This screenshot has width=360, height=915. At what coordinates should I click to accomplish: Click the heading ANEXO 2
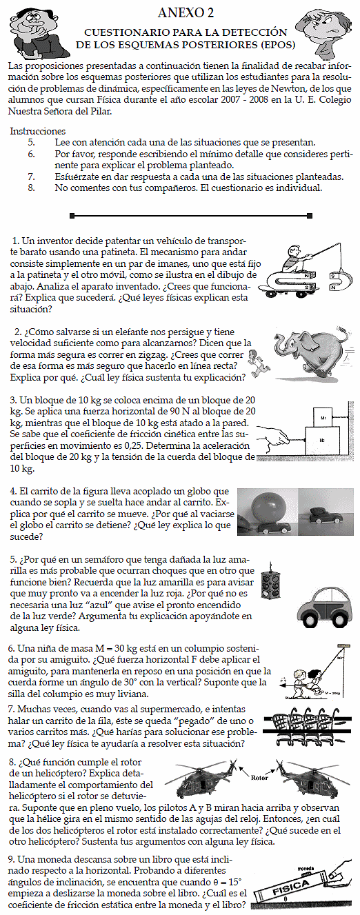coord(186,13)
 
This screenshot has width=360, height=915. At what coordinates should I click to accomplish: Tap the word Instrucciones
coord(38,131)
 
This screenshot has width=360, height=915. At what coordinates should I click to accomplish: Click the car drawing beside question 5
coord(322,608)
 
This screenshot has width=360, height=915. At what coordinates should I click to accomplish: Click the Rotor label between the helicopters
coord(259,778)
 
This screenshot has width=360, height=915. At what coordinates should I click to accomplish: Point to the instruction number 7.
coord(31,177)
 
